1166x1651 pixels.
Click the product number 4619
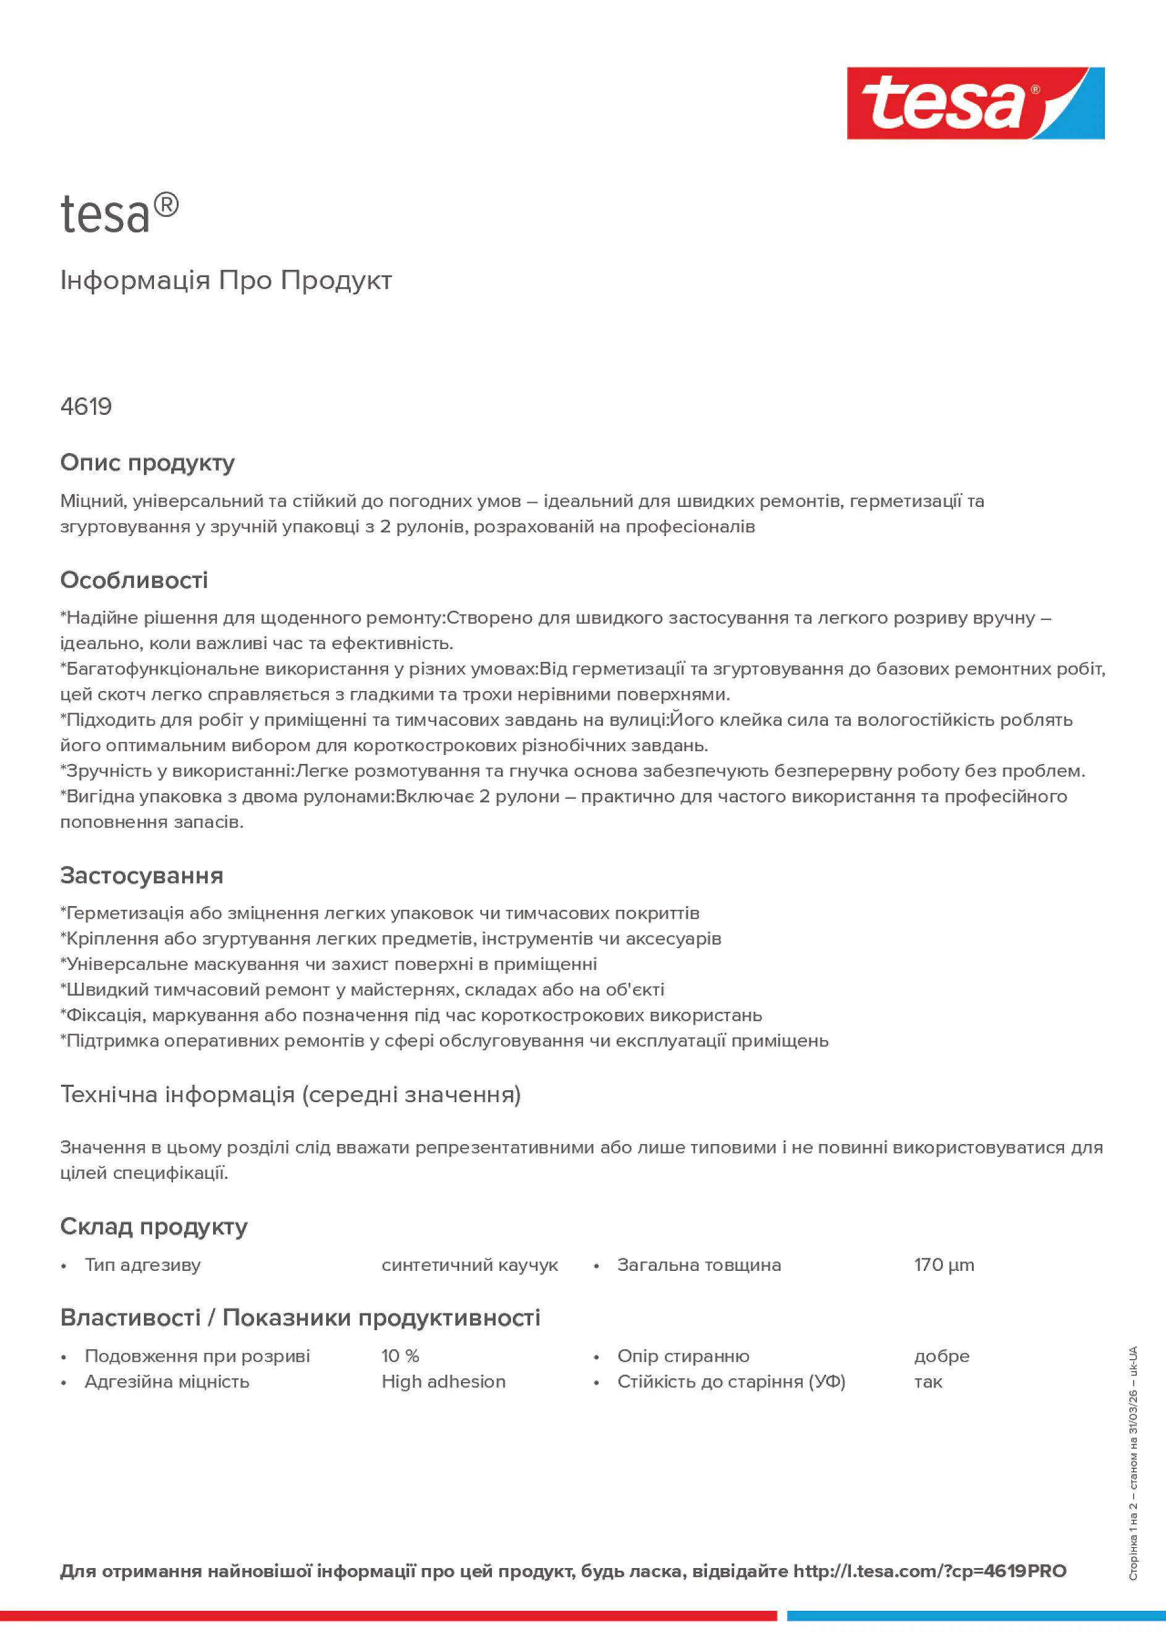click(87, 407)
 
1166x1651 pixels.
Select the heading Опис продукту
click(147, 462)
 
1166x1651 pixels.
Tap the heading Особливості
click(133, 580)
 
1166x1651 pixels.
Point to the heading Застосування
click(142, 875)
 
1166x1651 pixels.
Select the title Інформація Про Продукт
click(226, 280)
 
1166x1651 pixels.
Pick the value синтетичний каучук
click(469, 1265)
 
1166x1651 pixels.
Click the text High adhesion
click(443, 1381)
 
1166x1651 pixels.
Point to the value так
click(927, 1381)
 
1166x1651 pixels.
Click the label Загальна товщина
click(698, 1265)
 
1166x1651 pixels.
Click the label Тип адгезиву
click(142, 1265)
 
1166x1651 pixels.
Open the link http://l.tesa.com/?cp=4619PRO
click(929, 1571)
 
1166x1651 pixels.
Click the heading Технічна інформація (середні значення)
click(290, 1095)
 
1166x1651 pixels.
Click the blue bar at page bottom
click(976, 1616)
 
